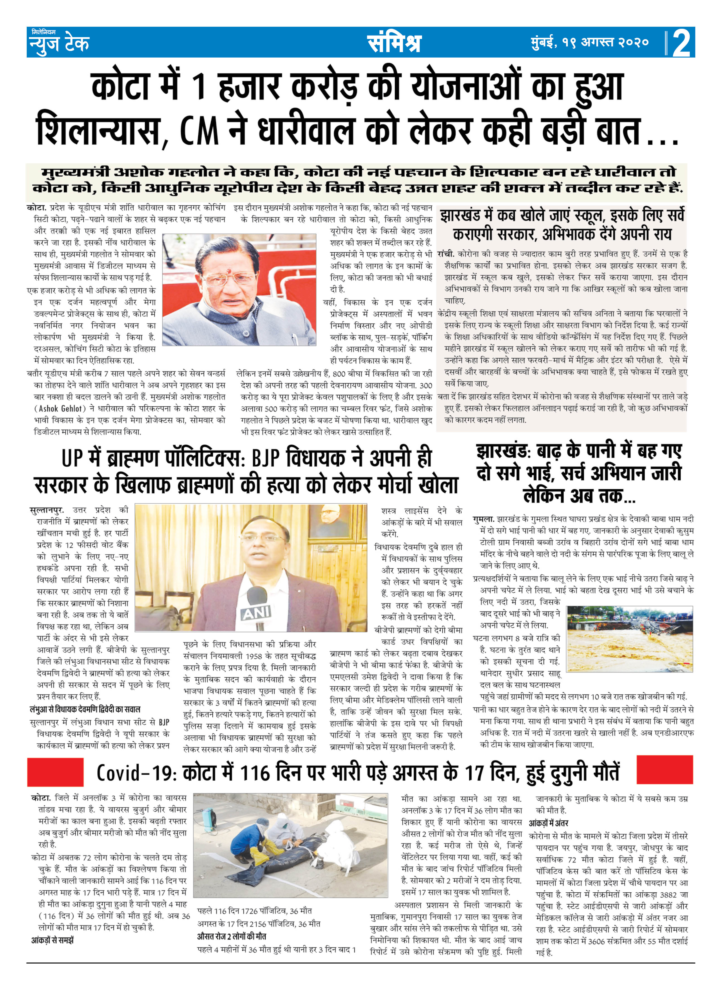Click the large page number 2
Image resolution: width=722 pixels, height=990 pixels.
click(x=681, y=43)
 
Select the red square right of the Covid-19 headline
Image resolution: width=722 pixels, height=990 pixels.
click(x=664, y=770)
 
